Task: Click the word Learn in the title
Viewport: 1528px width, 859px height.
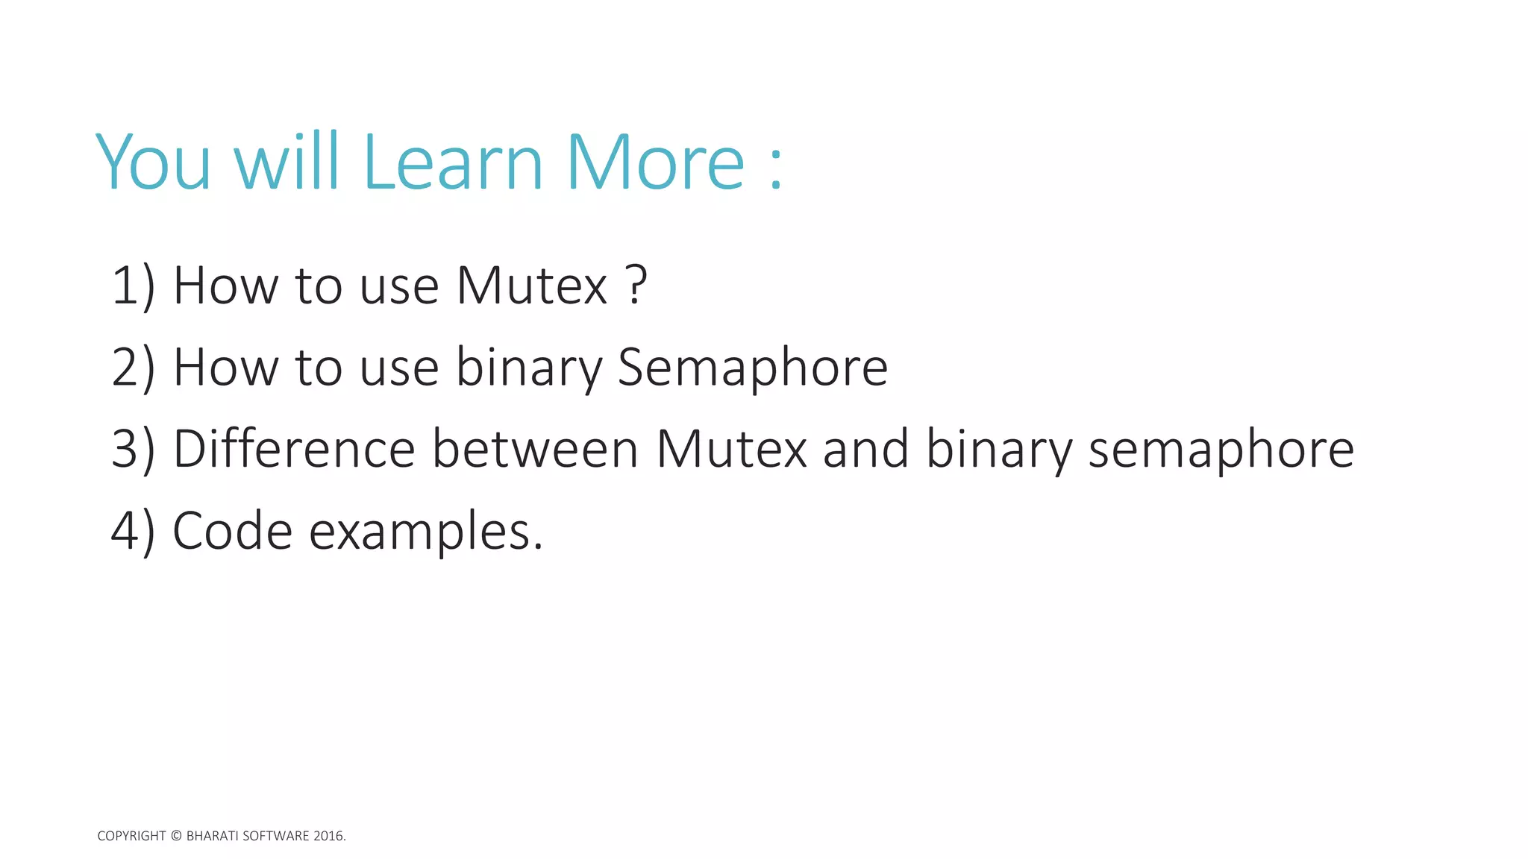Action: (453, 163)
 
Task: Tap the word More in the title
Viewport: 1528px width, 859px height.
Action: (655, 163)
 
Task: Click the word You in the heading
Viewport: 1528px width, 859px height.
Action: (154, 163)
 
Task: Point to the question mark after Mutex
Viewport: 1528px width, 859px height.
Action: (636, 285)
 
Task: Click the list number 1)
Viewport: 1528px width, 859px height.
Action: (134, 286)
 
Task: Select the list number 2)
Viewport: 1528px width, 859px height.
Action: (134, 368)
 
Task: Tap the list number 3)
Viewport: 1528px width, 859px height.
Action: (134, 450)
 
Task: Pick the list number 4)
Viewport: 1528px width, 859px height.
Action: (134, 532)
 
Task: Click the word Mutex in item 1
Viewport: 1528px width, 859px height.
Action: (531, 286)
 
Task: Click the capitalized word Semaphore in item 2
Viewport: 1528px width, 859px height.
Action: (752, 368)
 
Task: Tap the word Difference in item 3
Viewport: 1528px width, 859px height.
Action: (294, 450)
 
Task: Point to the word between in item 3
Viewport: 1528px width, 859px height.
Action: (535, 450)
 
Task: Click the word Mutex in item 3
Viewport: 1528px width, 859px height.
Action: (731, 450)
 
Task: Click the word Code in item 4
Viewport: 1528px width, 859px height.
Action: (232, 532)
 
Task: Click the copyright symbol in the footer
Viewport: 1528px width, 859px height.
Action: (176, 836)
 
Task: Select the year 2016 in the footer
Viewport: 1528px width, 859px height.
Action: (328, 836)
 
